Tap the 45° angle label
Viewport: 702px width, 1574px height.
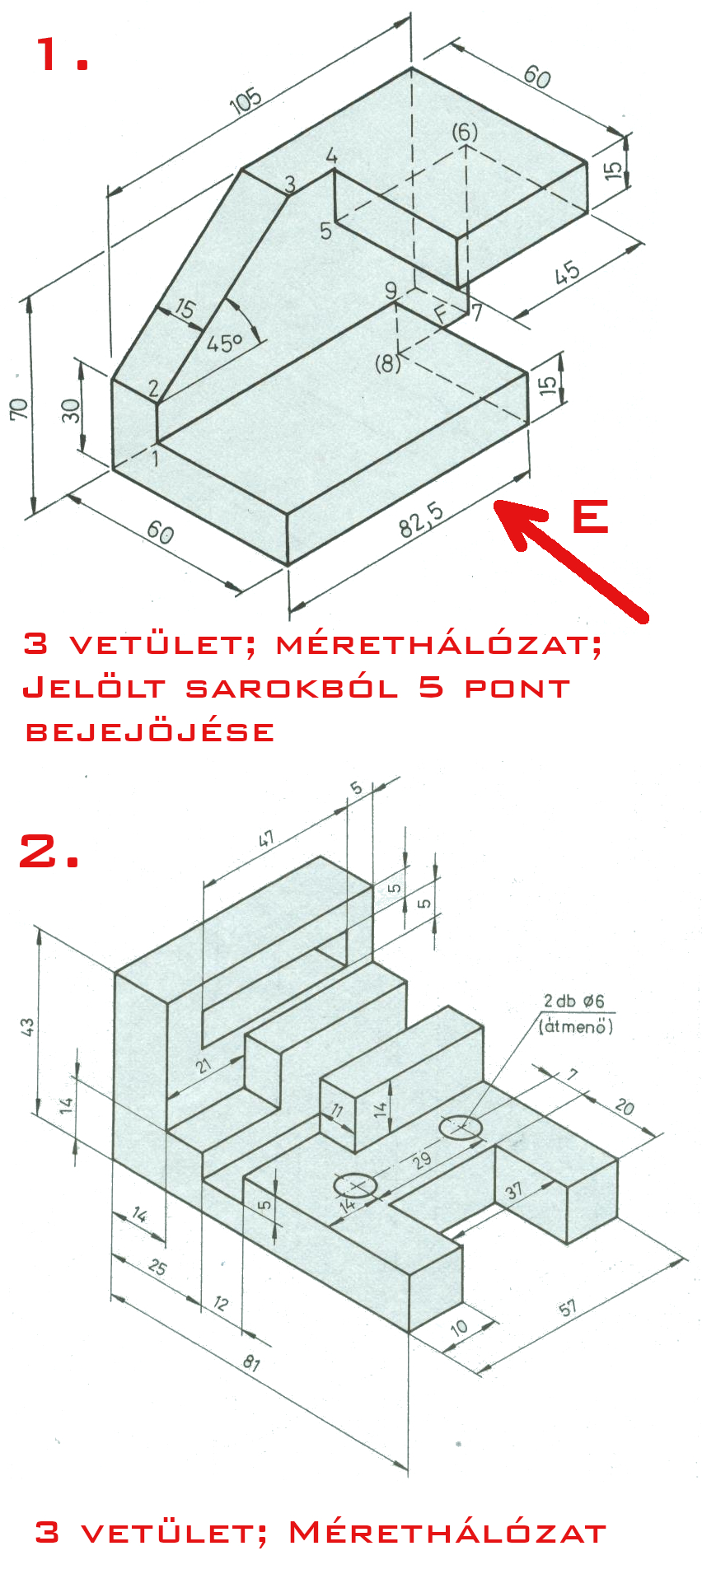[224, 341]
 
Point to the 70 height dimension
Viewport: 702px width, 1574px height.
[19, 408]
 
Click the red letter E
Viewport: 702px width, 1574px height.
[590, 516]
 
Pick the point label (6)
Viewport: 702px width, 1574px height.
[465, 132]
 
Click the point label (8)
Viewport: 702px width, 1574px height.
[388, 362]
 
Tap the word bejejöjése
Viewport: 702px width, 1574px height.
[150, 731]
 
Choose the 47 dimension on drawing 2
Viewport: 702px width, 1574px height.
[266, 839]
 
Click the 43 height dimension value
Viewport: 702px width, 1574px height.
[27, 1026]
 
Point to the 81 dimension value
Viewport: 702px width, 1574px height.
[251, 1362]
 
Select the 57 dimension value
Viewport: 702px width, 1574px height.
[568, 1307]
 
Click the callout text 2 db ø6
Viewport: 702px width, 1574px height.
[573, 1001]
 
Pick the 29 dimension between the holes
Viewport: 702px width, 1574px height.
[422, 1161]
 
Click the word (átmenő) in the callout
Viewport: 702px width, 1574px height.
[576, 1026]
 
